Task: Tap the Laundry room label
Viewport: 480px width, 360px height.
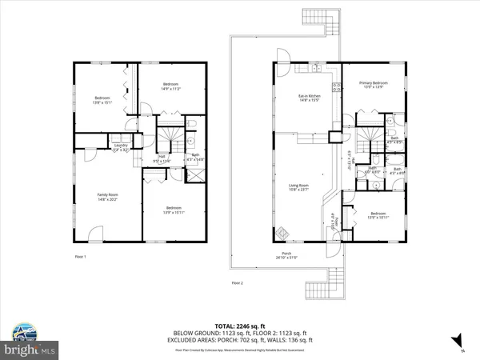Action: click(120, 148)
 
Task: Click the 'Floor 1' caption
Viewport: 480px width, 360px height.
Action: click(79, 256)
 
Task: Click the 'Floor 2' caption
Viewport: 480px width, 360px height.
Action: click(237, 283)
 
